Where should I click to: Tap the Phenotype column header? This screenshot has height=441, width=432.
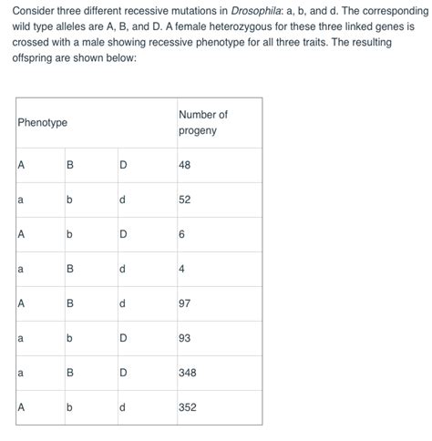42,122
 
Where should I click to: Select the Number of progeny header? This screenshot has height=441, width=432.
202,122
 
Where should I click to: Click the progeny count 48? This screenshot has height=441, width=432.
185,165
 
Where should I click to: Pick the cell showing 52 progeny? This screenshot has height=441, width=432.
185,200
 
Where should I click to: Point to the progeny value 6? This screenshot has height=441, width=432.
181,234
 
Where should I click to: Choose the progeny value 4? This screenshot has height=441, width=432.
181,269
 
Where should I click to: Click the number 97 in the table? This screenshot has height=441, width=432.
185,303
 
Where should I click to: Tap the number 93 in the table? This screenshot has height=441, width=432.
185,338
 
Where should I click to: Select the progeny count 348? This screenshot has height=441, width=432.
188,373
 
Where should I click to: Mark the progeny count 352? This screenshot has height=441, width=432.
188,407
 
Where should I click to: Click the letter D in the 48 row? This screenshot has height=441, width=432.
122,165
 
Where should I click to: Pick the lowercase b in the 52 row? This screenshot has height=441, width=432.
70,200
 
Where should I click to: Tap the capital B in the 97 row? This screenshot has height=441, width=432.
70,303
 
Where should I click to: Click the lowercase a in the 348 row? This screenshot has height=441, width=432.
19,373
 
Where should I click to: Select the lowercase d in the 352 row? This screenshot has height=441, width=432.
122,407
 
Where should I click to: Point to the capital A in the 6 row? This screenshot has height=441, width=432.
19,234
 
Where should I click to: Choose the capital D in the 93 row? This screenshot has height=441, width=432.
122,338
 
